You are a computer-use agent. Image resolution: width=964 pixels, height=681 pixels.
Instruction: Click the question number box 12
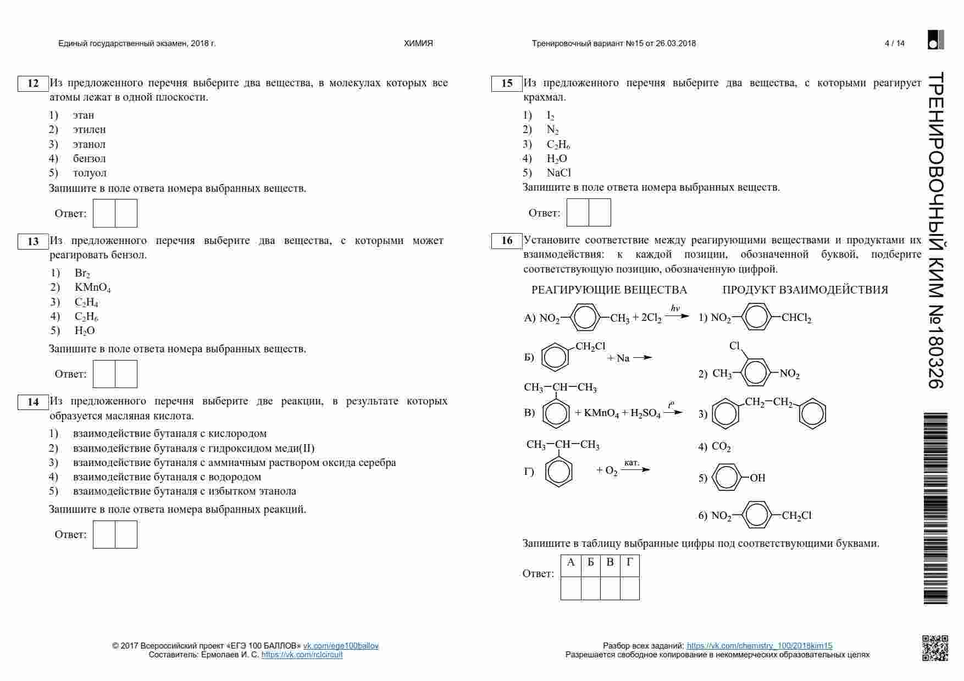pyautogui.click(x=33, y=84)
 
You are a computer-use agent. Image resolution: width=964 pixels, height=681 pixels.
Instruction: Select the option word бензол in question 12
pyautogui.click(x=89, y=159)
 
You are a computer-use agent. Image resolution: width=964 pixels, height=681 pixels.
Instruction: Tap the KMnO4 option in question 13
pyautogui.click(x=92, y=287)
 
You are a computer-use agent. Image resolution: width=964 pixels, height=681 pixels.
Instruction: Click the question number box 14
pyautogui.click(x=33, y=402)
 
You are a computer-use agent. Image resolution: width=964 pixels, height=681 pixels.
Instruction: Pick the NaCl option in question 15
pyautogui.click(x=558, y=173)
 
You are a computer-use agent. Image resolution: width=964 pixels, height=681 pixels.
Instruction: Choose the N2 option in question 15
pyautogui.click(x=552, y=130)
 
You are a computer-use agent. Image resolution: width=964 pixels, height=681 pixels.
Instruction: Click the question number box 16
pyautogui.click(x=507, y=241)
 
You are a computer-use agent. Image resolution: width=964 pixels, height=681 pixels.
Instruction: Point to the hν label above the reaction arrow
pyautogui.click(x=675, y=308)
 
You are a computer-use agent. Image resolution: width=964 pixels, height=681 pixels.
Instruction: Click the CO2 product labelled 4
pyautogui.click(x=721, y=447)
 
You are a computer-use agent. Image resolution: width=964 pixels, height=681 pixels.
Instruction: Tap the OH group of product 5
pyautogui.click(x=757, y=478)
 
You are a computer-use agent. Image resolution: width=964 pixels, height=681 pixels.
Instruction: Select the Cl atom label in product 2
pyautogui.click(x=735, y=346)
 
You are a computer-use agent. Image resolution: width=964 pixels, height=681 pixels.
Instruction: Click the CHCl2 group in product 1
pyautogui.click(x=796, y=318)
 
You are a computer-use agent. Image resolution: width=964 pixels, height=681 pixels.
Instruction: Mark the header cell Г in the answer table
pyautogui.click(x=629, y=562)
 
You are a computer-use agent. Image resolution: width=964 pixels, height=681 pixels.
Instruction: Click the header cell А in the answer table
pyautogui.click(x=570, y=562)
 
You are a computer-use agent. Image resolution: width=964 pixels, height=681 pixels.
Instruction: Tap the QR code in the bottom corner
pyautogui.click(x=935, y=647)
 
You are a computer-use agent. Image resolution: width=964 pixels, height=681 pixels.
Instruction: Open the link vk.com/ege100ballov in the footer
pyautogui.click(x=341, y=646)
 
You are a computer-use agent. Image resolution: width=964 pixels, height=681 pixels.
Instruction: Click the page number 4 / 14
pyautogui.click(x=894, y=43)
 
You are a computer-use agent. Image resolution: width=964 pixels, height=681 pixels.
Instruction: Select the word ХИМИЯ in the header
pyautogui.click(x=418, y=43)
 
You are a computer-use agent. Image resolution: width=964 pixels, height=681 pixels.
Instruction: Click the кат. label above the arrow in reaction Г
pyautogui.click(x=631, y=463)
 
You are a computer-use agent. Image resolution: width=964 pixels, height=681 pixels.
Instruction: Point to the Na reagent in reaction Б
pyautogui.click(x=623, y=358)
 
